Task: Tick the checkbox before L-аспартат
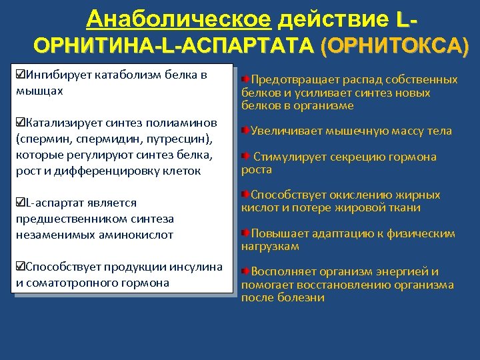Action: pyautogui.click(x=20, y=203)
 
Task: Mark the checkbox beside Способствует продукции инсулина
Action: pyautogui.click(x=20, y=267)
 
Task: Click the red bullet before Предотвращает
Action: pyautogui.click(x=245, y=80)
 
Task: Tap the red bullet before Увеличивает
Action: pyautogui.click(x=245, y=131)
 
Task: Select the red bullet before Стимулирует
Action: pyautogui.click(x=245, y=157)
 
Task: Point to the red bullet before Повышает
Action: pyautogui.click(x=245, y=234)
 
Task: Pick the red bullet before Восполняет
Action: pyautogui.click(x=245, y=272)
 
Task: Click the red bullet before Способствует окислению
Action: pyautogui.click(x=245, y=195)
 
